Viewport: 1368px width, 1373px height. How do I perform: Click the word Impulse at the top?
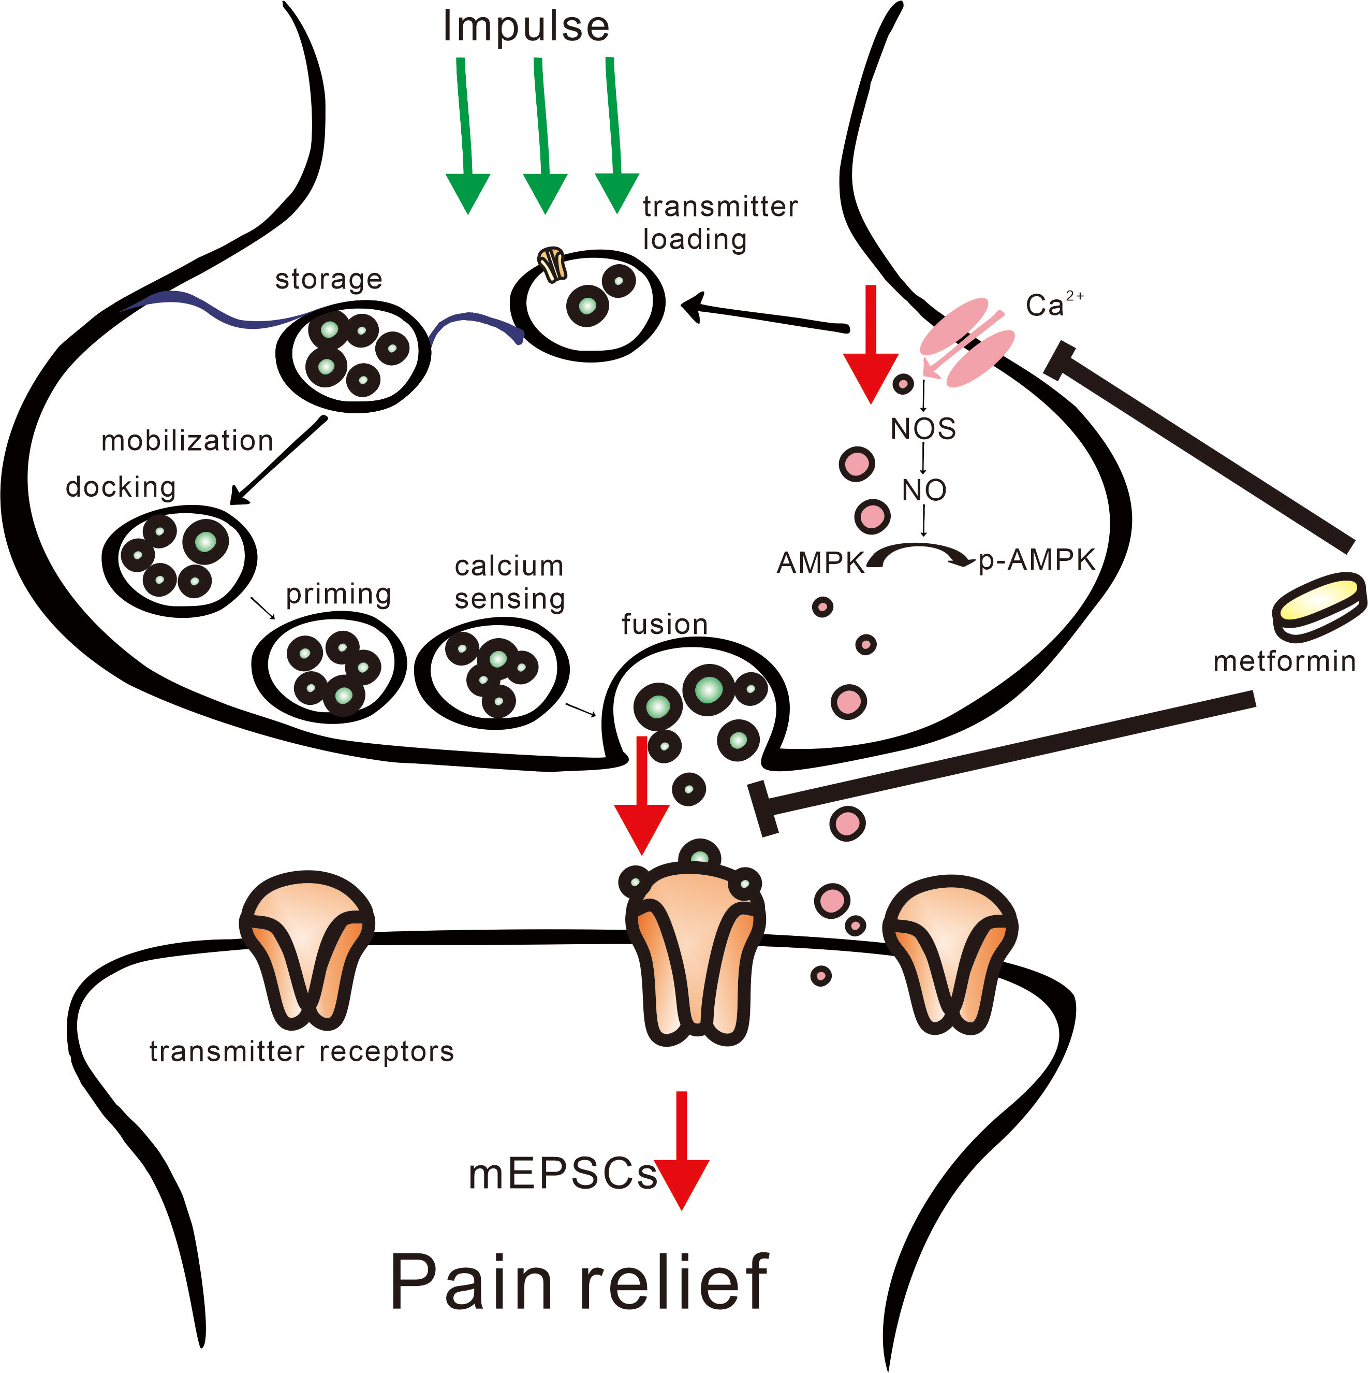pos(525,27)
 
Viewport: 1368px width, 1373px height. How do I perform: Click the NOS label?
pos(923,429)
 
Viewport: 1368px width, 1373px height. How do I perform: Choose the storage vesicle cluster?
pos(353,355)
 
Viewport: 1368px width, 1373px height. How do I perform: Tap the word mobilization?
pos(187,441)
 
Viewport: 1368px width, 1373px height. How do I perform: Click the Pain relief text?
pos(579,1281)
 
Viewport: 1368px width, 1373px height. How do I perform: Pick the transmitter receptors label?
pos(301,1051)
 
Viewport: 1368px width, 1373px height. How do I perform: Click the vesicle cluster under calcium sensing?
pos(492,673)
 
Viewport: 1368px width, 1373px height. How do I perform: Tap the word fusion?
pos(664,624)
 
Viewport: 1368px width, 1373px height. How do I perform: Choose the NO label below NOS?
pos(923,489)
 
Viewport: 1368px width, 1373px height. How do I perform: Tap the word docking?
pos(120,487)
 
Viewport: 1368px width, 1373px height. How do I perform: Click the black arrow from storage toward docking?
pos(279,460)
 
